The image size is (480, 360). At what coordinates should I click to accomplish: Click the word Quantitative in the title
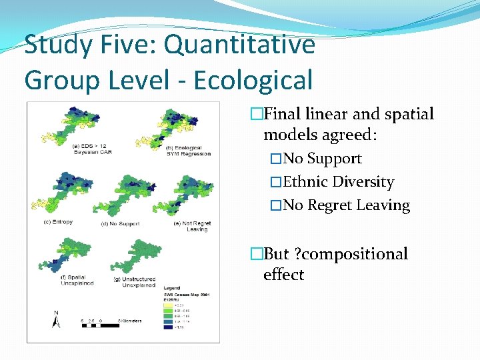click(x=239, y=45)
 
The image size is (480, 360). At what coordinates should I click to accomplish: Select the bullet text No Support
click(x=322, y=159)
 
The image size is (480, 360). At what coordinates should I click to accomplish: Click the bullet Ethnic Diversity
click(x=339, y=182)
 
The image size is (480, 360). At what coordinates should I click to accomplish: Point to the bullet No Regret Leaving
click(x=347, y=205)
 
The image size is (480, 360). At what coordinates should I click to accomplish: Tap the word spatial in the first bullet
click(x=406, y=114)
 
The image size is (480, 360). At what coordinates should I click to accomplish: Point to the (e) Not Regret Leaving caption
click(x=192, y=226)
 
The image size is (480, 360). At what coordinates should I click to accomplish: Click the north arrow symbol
click(x=56, y=320)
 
